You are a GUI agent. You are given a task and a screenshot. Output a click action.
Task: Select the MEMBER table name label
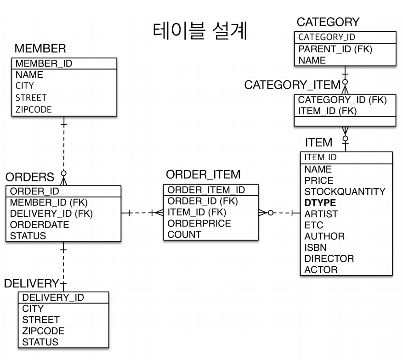coord(40,48)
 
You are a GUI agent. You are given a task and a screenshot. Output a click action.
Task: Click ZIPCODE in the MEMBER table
coord(34,109)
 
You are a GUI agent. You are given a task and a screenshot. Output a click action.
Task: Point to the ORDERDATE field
coord(40,225)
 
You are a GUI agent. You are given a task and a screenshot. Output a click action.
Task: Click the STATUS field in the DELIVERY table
coord(40,342)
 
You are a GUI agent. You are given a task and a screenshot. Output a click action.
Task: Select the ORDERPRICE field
coord(199,224)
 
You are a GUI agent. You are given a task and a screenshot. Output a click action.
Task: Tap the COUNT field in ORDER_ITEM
coord(184,235)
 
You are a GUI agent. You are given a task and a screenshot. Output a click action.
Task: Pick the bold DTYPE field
coord(320,202)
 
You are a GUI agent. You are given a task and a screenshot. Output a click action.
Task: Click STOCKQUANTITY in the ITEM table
coord(345,191)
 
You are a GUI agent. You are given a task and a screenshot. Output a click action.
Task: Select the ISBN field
coord(315,247)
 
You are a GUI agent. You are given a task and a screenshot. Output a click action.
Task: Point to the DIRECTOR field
coord(329,259)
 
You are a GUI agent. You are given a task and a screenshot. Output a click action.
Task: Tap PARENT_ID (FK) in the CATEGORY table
coord(335,49)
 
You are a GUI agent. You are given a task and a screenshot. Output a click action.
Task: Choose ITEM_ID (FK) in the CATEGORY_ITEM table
coord(328,111)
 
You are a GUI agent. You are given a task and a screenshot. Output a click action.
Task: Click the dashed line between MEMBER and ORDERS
coord(64,147)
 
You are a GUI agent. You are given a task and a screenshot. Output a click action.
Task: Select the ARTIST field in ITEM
coord(321,214)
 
